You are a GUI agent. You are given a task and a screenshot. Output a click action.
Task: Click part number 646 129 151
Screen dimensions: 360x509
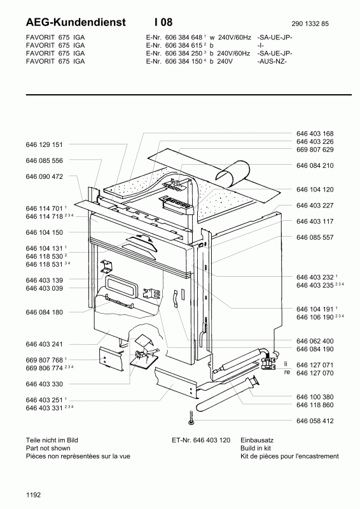click(44, 145)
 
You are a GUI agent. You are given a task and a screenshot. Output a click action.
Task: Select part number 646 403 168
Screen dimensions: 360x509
click(315, 134)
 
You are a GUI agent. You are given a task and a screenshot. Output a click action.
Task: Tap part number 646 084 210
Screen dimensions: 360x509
click(315, 165)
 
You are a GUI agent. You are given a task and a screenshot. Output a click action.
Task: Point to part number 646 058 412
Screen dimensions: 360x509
click(315, 421)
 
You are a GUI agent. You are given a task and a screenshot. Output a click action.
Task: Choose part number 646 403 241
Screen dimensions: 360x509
click(44, 344)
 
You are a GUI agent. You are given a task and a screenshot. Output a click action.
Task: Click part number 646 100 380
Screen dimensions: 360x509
click(315, 397)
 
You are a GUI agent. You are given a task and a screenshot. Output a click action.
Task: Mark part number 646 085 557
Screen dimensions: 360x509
click(315, 237)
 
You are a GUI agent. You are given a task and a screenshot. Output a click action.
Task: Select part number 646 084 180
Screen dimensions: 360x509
click(44, 312)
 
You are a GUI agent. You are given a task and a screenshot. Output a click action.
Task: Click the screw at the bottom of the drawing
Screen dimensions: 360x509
click(191, 418)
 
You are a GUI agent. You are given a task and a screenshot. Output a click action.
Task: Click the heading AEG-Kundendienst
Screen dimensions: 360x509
click(76, 22)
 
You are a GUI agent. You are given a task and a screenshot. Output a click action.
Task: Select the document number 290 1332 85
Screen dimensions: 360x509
click(310, 24)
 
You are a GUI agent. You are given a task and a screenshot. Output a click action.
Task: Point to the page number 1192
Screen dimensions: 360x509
click(34, 495)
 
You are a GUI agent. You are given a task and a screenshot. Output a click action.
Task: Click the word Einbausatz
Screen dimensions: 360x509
click(257, 440)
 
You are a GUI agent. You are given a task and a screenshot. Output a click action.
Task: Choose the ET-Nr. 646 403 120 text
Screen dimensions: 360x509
click(201, 440)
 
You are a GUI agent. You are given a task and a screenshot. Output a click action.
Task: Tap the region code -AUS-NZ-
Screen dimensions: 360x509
click(272, 61)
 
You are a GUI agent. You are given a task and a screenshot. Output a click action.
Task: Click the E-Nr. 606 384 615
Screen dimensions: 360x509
click(174, 45)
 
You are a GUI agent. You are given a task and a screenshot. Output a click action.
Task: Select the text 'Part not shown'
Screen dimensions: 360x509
click(48, 449)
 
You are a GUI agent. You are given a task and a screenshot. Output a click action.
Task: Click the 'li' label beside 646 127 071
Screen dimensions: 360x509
click(286, 364)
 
